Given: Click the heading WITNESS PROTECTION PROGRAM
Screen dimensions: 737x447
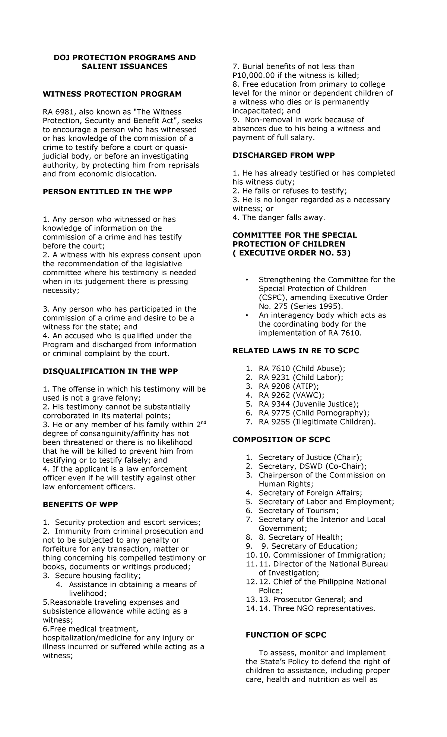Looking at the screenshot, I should pos(112,94).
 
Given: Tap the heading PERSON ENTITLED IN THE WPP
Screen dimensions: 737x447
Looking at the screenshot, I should pos(108,192).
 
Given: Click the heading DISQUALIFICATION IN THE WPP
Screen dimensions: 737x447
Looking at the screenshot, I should pos(110,371).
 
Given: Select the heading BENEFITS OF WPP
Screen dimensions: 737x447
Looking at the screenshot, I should pos(80,505).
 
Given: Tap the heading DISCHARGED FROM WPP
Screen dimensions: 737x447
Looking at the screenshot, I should pos(283,155).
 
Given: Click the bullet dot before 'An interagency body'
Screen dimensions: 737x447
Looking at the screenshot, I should pos(247,316).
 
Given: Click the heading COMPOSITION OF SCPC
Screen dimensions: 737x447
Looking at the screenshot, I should pos(281,440).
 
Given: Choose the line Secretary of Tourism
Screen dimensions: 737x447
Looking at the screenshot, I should pos(299,511).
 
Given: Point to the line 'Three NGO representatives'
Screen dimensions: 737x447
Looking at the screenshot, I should pos(324,608).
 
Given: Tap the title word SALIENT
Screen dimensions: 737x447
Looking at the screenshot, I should pos(101,66).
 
